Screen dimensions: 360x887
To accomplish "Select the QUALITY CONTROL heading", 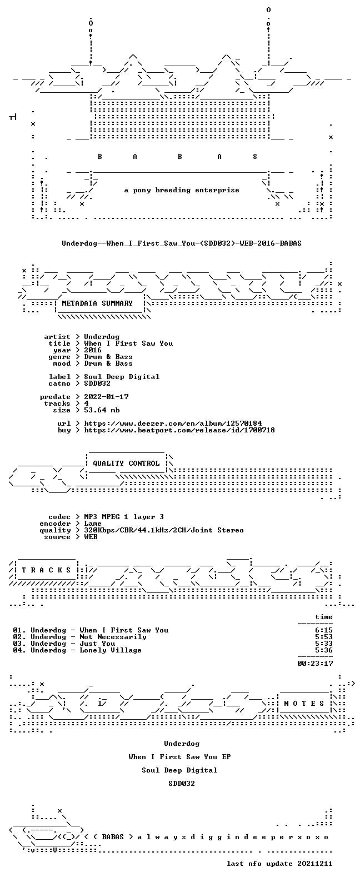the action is click(126, 464).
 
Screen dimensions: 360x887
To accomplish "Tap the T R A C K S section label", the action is click(46, 570).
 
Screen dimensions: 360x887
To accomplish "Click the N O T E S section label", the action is click(304, 703).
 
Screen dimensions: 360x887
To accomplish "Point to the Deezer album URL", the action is click(173, 423).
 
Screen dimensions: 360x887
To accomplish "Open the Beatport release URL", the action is click(179, 430).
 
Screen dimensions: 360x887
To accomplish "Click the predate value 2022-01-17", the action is click(106, 397).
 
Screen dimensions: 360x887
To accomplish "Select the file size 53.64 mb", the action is click(102, 410).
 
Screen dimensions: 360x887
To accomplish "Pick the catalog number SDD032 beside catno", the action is click(97, 383).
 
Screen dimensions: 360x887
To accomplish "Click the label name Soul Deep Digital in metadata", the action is click(122, 377).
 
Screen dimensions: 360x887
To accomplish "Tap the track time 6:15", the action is click(324, 630).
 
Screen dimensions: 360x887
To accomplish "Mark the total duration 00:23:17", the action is click(315, 663).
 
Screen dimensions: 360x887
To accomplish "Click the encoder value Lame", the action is click(93, 524).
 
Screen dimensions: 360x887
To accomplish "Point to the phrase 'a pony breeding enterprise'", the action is click(182, 190).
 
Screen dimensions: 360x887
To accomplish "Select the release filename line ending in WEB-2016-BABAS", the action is click(181, 243).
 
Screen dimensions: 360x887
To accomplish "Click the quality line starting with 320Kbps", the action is click(164, 530).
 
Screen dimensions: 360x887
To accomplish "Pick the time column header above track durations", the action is click(324, 617).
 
